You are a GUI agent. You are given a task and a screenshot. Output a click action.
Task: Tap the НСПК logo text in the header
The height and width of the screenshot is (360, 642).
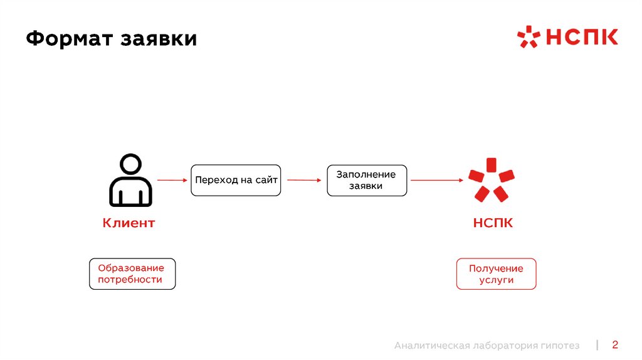(581, 37)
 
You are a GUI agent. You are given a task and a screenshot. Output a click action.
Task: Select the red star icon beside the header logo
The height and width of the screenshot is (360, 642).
(528, 37)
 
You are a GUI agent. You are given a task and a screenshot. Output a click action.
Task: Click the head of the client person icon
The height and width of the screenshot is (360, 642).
(130, 166)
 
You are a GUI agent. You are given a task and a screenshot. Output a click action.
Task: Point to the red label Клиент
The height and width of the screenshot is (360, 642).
(129, 223)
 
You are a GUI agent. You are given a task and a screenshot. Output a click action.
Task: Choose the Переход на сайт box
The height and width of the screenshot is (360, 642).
(236, 180)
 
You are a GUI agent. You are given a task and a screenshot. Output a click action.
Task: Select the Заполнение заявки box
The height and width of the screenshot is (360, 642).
(367, 181)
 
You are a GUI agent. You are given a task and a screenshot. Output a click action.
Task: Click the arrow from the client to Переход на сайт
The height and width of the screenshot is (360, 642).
(172, 180)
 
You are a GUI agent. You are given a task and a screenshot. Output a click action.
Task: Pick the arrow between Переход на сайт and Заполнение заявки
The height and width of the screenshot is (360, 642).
(303, 180)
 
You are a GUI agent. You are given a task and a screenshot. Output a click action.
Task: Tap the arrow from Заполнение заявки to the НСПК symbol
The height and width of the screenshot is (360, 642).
(436, 181)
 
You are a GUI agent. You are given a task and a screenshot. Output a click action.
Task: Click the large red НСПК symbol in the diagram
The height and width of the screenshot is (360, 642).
(492, 179)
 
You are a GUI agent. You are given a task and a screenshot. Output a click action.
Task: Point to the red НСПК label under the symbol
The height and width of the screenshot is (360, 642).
(493, 223)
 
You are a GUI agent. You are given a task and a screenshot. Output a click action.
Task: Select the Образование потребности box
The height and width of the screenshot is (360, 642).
(132, 273)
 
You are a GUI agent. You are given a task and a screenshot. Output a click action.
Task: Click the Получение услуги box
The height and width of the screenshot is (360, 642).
(496, 273)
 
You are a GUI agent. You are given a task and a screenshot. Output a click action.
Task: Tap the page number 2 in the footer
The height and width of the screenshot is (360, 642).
(615, 344)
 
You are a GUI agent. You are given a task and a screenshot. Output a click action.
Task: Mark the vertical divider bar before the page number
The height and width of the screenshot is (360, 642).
(597, 344)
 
